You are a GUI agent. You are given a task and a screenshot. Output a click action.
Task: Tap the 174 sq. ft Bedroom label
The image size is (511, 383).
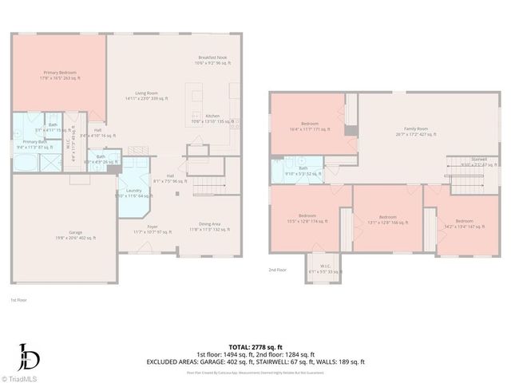tap(307, 219)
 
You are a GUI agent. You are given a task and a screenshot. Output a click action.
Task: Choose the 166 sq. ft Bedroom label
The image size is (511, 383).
tap(388, 219)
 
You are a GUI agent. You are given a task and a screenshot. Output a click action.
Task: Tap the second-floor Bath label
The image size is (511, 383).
tap(303, 171)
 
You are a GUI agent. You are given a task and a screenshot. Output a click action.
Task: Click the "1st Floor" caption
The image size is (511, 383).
tap(19, 300)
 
